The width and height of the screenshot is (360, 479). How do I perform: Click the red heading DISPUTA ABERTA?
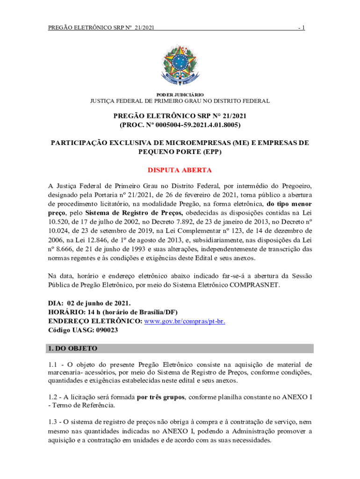tap(180, 170)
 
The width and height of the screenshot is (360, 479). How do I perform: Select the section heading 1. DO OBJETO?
tap(72, 348)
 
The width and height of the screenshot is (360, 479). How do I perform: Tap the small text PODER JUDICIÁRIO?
tap(180, 94)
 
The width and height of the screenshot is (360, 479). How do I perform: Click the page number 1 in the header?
tap(303, 28)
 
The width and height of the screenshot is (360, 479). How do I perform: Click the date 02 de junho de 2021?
tap(99, 304)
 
